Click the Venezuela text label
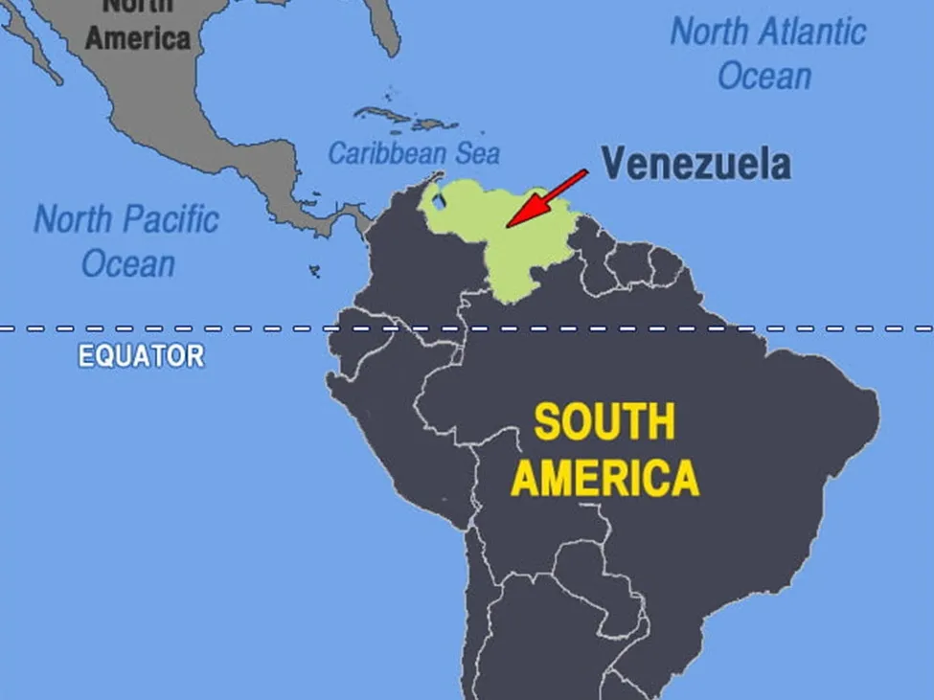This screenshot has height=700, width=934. [695, 164]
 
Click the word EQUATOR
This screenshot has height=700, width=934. [141, 356]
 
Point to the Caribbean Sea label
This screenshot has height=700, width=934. [414, 153]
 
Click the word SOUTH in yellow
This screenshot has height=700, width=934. [604, 422]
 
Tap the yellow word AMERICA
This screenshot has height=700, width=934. [604, 477]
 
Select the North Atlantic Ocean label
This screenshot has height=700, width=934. [767, 54]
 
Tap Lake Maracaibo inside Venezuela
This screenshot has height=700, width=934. [438, 202]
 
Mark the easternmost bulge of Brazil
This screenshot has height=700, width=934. [867, 402]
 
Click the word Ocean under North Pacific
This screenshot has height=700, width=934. [127, 263]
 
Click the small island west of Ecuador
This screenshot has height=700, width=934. [314, 272]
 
